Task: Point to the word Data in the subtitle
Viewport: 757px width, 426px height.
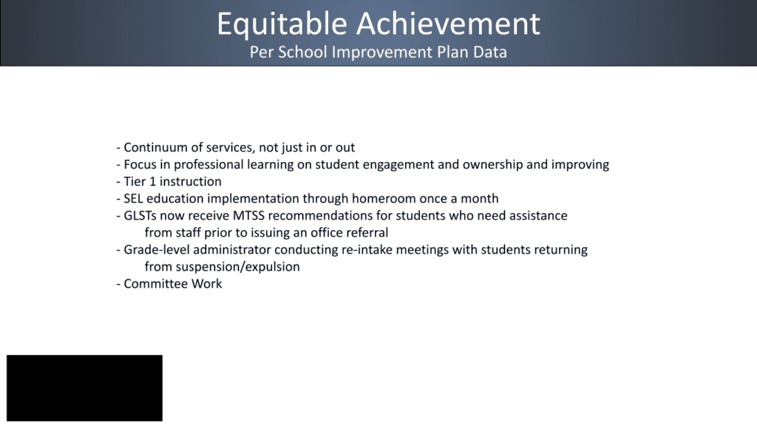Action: click(x=491, y=53)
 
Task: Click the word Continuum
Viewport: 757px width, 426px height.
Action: click(x=155, y=147)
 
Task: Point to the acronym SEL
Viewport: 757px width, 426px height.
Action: click(x=134, y=198)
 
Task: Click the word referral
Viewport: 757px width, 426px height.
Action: click(x=365, y=232)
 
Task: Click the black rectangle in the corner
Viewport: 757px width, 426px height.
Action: click(x=84, y=388)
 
